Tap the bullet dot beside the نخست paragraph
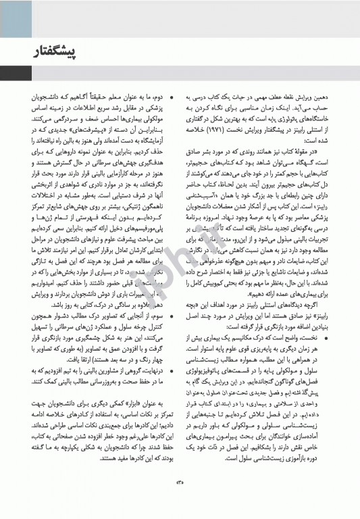(x=326, y=318)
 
